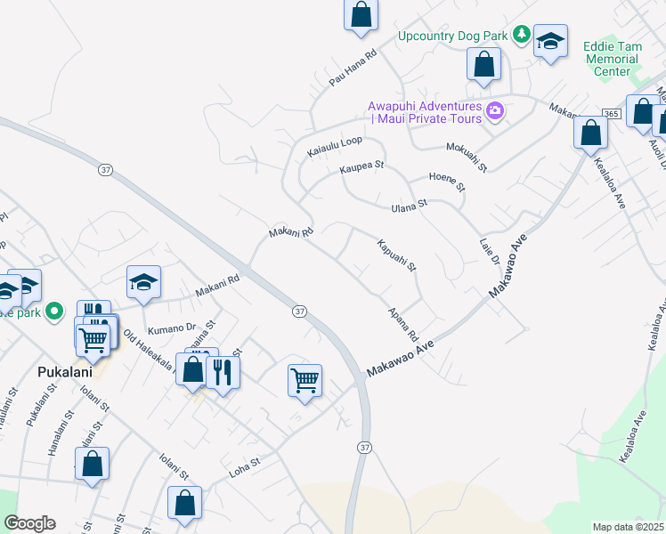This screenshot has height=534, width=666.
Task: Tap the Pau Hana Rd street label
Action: click(x=353, y=68)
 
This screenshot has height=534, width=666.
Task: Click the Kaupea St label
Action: click(x=361, y=166)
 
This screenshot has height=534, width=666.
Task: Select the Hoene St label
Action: click(x=447, y=182)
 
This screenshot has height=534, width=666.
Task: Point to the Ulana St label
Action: click(x=410, y=206)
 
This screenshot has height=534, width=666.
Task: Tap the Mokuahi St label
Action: click(x=467, y=154)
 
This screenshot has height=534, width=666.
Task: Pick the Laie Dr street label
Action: click(x=489, y=248)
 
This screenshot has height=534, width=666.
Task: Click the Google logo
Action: click(x=29, y=523)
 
